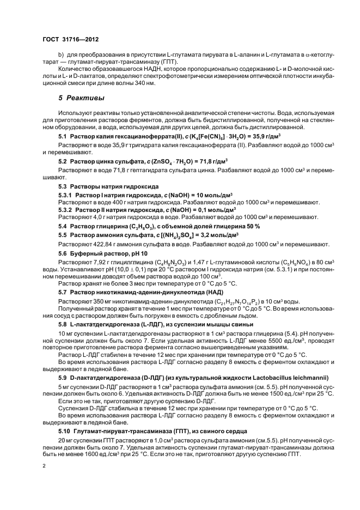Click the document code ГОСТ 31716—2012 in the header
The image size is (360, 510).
click(x=70, y=40)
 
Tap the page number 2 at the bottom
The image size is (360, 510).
click(x=45, y=466)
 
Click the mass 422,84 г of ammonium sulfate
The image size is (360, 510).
click(x=101, y=245)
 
